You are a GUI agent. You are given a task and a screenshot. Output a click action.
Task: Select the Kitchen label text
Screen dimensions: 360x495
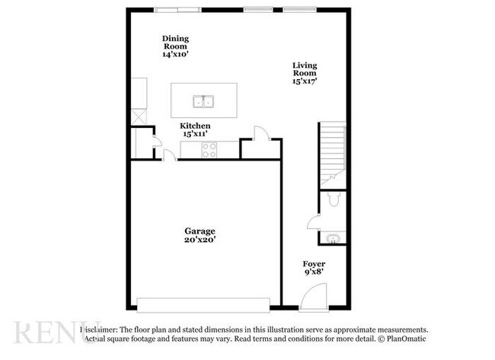point(195,125)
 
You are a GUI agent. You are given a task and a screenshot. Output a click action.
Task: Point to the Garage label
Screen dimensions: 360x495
point(200,231)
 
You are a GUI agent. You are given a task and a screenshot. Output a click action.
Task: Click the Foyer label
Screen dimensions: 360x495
point(314,264)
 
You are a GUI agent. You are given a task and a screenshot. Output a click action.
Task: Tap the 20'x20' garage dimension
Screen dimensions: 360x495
point(200,240)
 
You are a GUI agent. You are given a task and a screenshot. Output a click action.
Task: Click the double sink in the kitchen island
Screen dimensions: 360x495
point(203,100)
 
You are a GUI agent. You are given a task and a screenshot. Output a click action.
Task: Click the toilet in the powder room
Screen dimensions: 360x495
point(331,199)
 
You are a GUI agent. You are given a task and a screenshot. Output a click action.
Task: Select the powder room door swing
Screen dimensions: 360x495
point(314,221)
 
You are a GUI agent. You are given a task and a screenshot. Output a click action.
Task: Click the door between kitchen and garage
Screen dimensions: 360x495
point(169,156)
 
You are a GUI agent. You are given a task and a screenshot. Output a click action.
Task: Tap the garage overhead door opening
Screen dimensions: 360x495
point(203,302)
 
